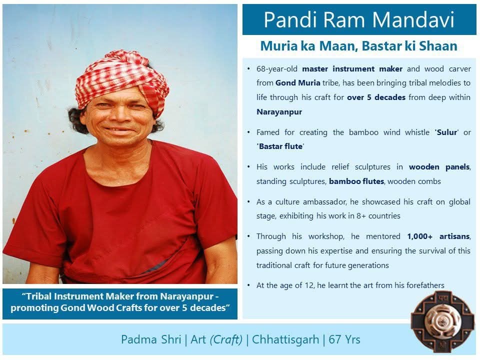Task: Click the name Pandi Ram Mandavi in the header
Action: [359, 20]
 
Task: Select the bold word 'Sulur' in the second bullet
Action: [445, 132]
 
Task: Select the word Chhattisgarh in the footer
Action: [285, 339]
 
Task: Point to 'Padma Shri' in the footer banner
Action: [151, 339]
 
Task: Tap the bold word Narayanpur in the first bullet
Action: [279, 111]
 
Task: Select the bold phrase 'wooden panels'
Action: [439, 167]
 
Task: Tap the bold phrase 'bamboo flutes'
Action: [356, 181]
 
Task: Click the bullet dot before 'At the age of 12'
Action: [249, 285]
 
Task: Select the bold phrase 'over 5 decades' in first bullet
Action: [376, 97]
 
